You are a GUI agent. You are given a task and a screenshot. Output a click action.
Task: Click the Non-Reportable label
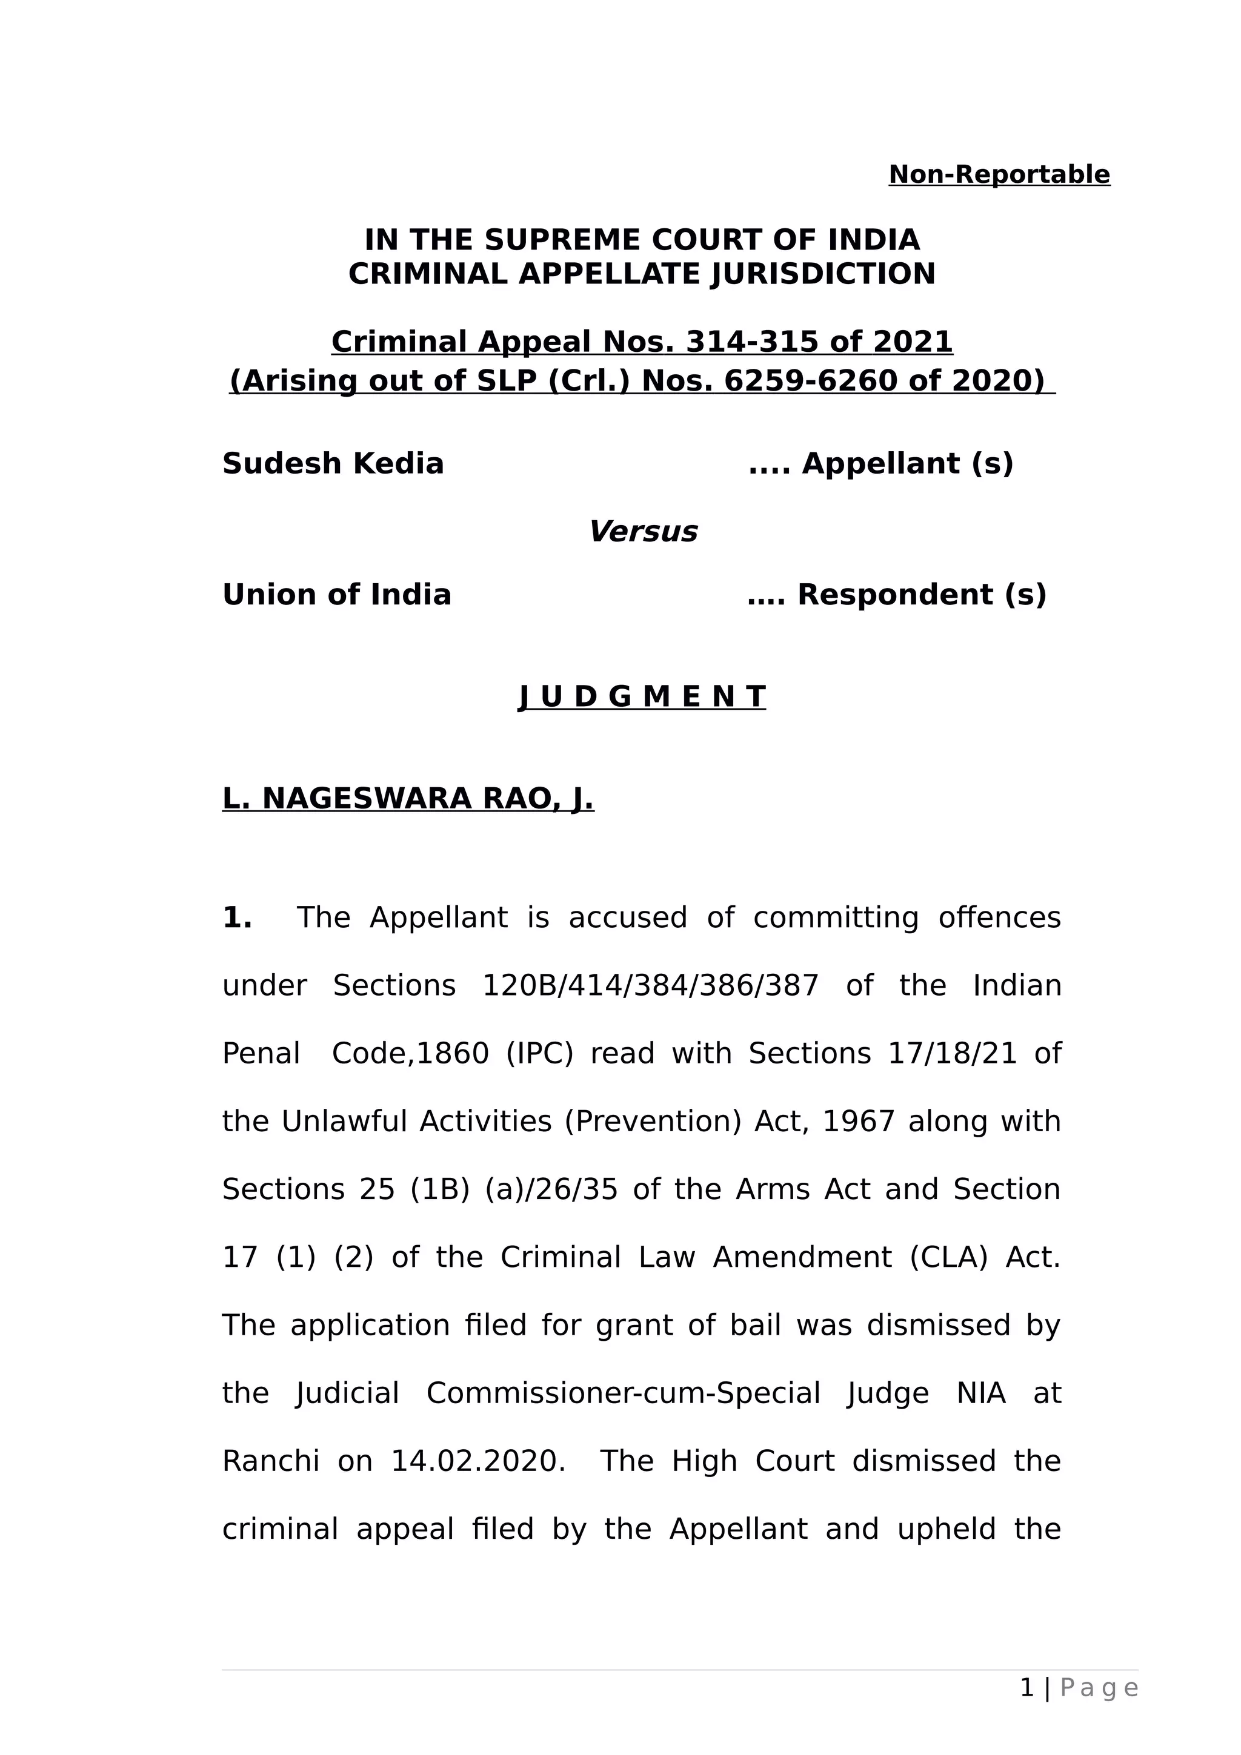pos(999,175)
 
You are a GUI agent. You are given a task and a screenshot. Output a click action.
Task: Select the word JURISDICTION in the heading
pos(823,274)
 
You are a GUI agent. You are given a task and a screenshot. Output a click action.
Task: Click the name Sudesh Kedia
pos(333,464)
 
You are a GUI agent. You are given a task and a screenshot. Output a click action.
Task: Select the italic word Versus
pos(642,531)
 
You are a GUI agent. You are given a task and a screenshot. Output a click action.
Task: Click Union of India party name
pos(336,595)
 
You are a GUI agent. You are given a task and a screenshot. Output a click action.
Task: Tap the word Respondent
pos(894,595)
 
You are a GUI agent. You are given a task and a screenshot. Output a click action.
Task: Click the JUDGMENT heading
pos(642,696)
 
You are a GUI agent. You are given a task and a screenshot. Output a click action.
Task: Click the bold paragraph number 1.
pos(236,917)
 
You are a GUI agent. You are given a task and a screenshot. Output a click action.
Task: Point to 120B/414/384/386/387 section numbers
pos(650,985)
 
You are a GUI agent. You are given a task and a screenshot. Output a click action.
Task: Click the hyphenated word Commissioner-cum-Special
pos(623,1393)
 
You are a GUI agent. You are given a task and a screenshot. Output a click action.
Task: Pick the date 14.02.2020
pos(478,1461)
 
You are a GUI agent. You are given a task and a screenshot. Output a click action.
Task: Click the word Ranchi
pos(270,1461)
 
